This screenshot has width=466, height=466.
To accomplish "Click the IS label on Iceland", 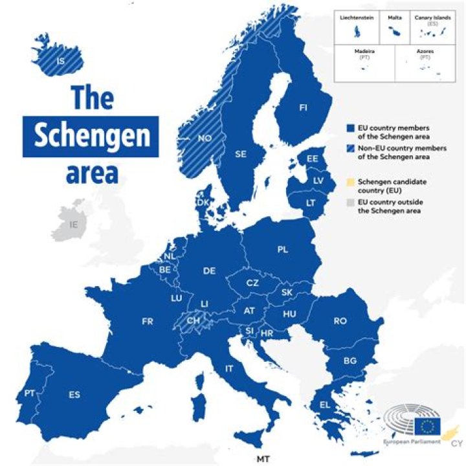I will (60, 61).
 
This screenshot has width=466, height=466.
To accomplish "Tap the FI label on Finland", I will (303, 107).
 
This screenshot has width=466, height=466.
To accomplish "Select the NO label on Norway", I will (205, 138).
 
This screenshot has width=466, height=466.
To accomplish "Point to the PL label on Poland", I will (283, 249).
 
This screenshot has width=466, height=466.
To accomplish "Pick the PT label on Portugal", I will (29, 393).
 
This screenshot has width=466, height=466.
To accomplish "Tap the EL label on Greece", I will (324, 405).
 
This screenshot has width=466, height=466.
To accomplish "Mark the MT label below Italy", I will (262, 459).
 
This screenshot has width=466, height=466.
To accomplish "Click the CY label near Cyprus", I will (456, 443).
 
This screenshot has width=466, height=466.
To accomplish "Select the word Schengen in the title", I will (91, 137).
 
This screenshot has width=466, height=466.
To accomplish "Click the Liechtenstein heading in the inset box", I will (356, 19).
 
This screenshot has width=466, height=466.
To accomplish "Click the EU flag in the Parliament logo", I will (427, 425).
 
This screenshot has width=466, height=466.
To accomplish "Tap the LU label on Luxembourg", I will (176, 298).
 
